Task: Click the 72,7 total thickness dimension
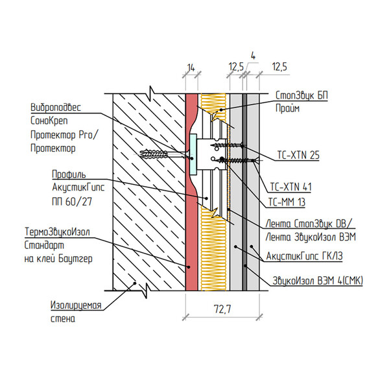[222, 309]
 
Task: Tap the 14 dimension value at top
[191, 67]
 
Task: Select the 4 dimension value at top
[253, 56]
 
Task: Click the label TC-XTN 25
[298, 156]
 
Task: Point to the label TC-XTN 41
[290, 187]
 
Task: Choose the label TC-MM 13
[287, 202]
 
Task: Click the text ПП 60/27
[72, 202]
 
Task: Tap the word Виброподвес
[56, 108]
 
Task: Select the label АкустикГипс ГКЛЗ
[304, 256]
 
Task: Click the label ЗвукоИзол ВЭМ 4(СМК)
[318, 281]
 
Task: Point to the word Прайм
[287, 108]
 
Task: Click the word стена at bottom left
[63, 318]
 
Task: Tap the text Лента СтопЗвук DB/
[309, 224]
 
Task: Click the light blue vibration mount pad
[193, 154]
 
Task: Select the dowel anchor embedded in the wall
[154, 154]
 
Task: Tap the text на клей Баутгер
[58, 259]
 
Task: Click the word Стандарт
[44, 245]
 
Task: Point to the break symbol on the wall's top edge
[152, 93]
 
